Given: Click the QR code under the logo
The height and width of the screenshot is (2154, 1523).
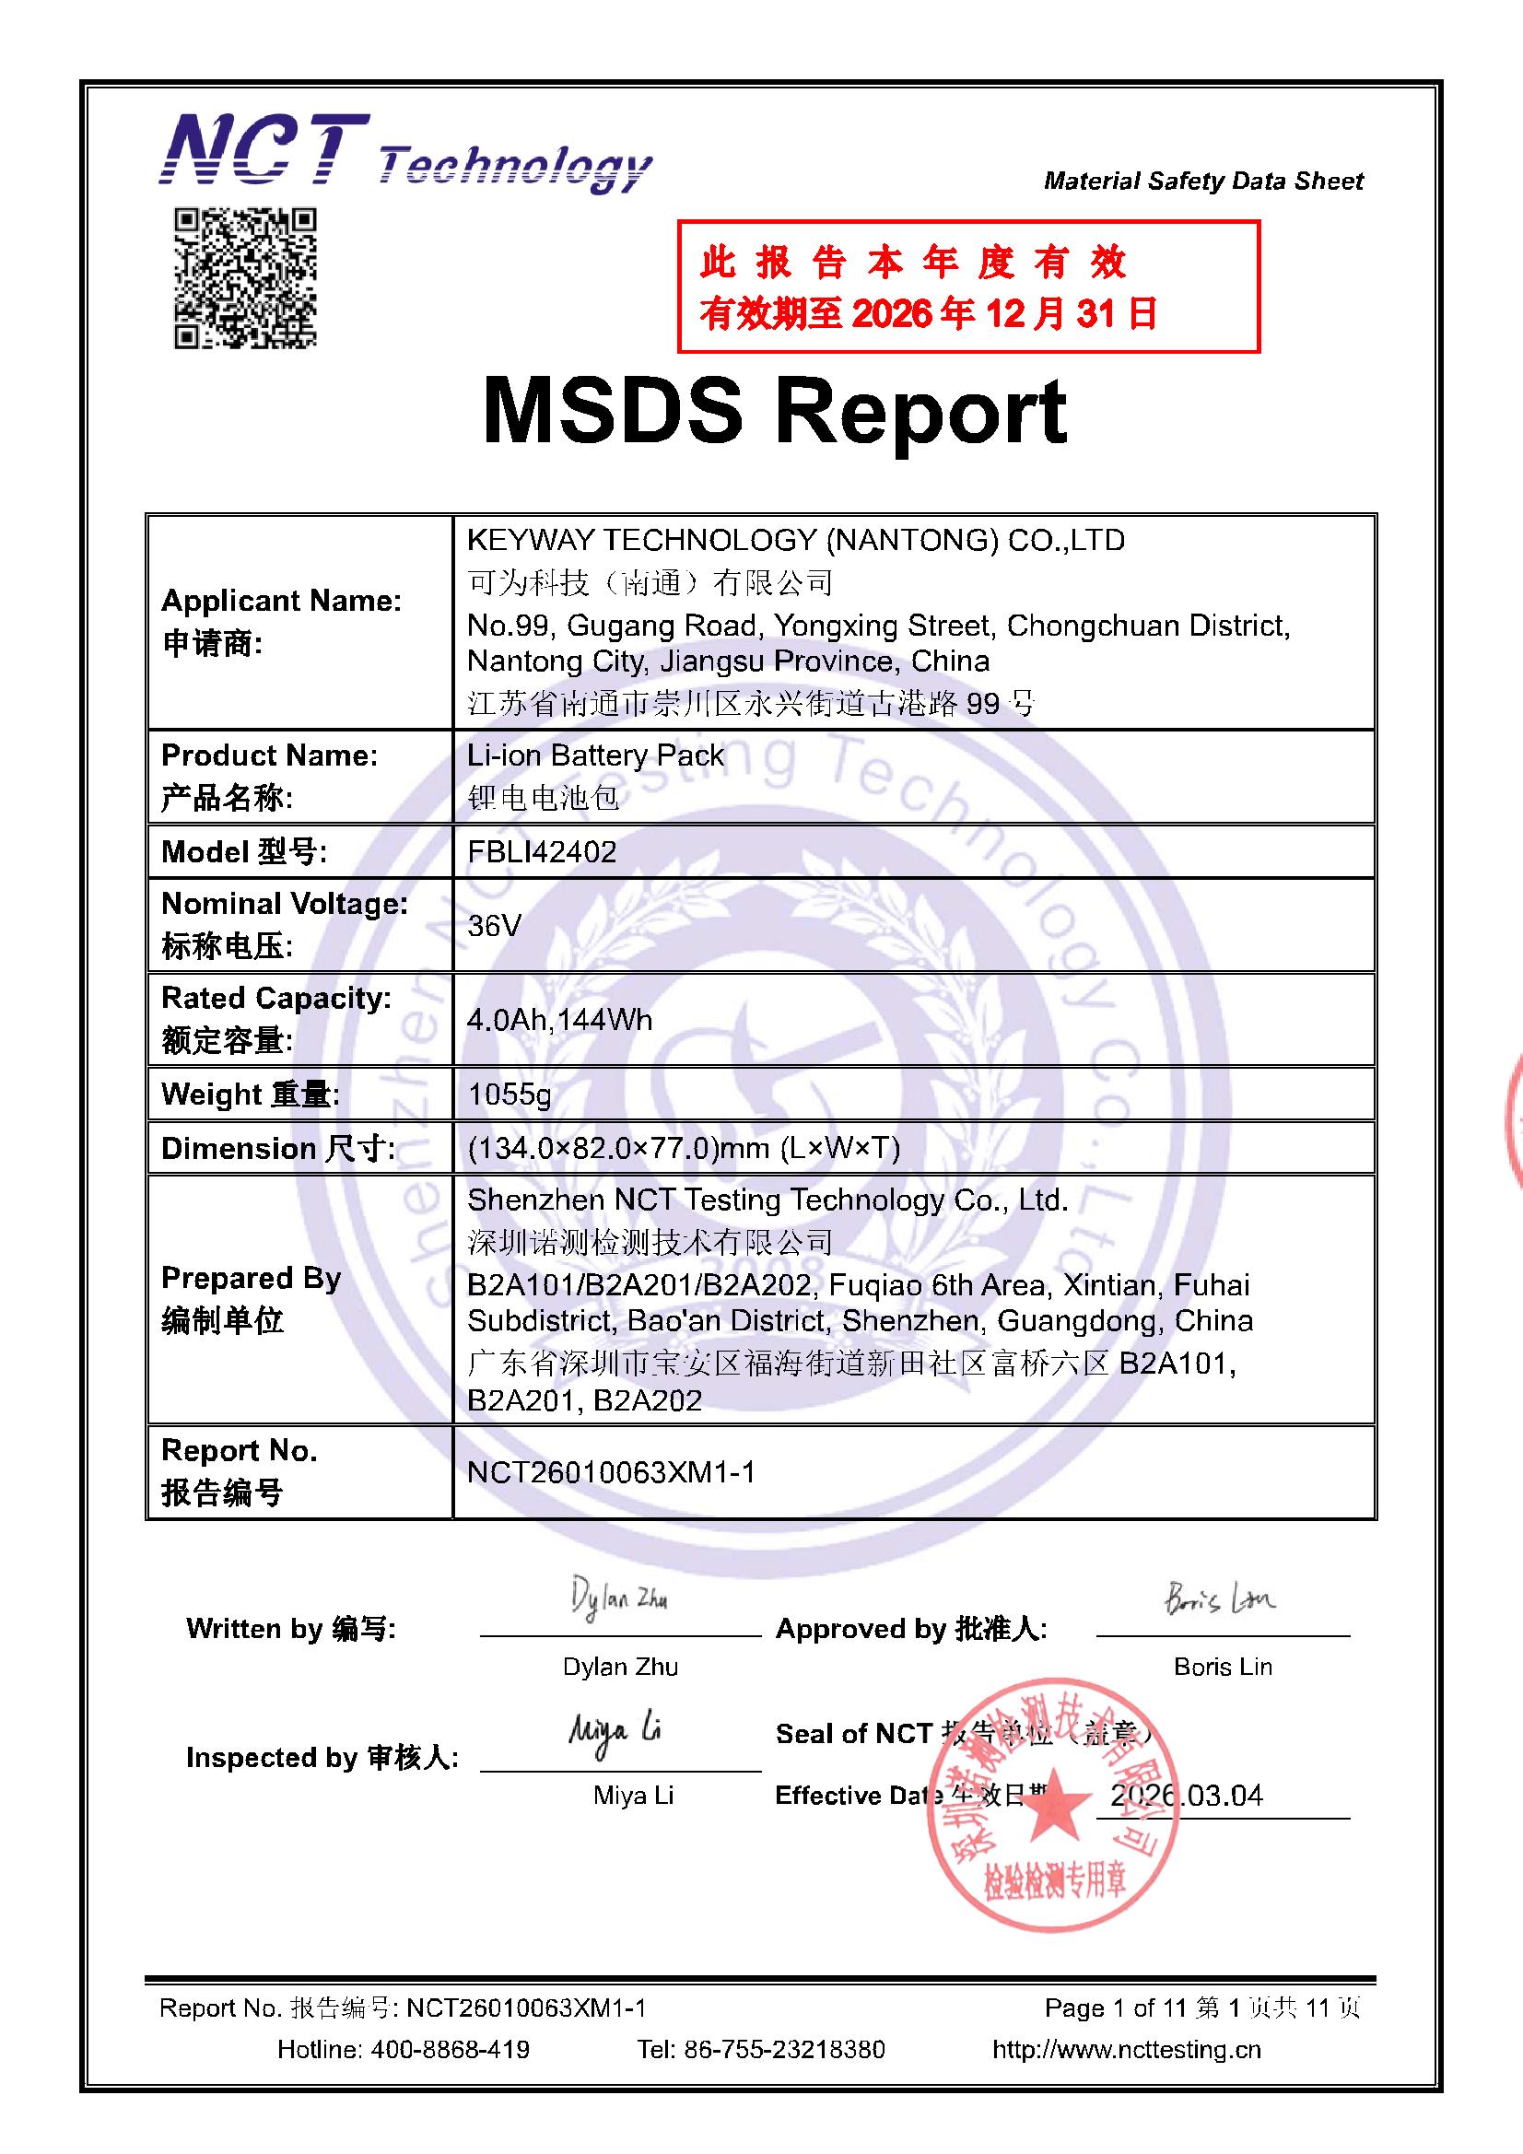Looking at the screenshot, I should click(x=245, y=277).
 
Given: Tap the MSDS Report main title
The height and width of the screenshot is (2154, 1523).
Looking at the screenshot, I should click(x=774, y=411).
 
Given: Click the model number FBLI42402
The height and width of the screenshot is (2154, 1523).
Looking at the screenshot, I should click(x=542, y=852).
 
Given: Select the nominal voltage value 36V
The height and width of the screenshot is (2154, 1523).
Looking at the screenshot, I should click(x=494, y=926).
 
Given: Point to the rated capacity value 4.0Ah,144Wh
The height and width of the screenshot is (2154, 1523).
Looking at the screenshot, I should click(x=559, y=1020).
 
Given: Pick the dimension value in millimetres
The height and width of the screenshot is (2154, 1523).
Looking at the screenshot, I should click(x=683, y=1147).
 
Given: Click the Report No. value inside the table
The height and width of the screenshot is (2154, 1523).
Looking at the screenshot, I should click(x=611, y=1472).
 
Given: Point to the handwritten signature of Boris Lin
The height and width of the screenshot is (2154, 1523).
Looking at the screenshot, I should click(x=1220, y=1597).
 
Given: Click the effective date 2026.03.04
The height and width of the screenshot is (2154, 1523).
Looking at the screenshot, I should click(x=1186, y=1795).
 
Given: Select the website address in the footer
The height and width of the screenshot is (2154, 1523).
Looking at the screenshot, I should click(x=1126, y=2049).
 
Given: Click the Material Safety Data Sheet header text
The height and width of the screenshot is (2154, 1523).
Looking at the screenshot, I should click(x=1203, y=181).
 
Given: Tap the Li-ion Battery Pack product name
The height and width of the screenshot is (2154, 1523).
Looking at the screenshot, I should click(x=595, y=755).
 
